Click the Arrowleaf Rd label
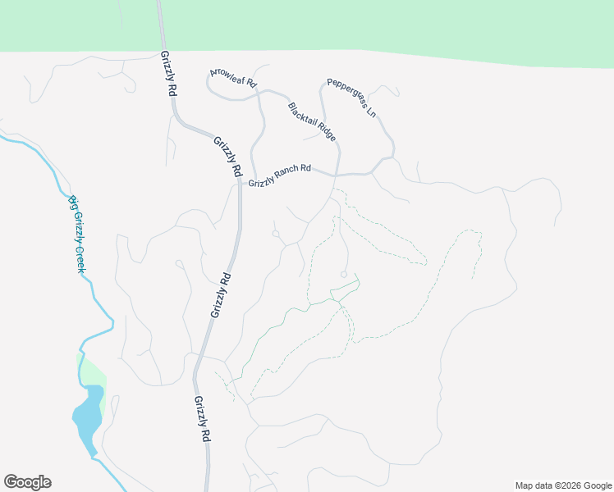tap(234, 78)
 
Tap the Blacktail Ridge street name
tap(312, 122)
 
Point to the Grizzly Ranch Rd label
tap(280, 175)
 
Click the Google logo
tap(27, 482)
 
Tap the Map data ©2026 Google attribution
tap(562, 485)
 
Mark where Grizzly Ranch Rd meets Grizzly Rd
tap(240, 184)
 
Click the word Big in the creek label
tap(71, 203)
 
